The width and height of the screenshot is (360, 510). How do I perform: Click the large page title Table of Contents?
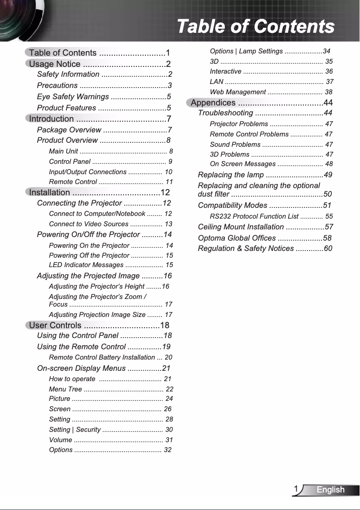(255, 26)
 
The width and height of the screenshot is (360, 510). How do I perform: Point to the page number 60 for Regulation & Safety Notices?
(328, 249)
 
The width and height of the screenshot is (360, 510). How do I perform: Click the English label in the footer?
(330, 490)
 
